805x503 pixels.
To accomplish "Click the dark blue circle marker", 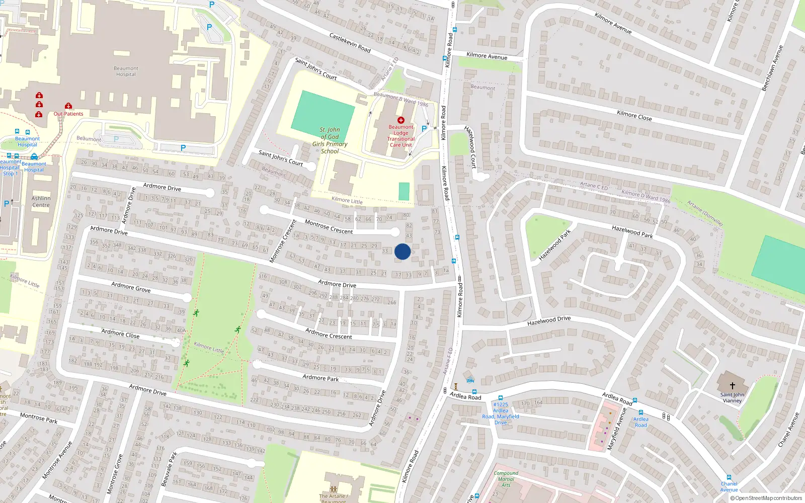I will coord(403,251).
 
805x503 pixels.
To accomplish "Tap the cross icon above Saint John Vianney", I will coord(732,385).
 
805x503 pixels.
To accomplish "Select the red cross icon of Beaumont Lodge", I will coord(401,120).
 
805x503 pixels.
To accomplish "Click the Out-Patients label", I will coord(68,114).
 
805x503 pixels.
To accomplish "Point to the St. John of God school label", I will coord(330,140).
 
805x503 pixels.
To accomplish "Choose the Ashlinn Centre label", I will coord(41,202).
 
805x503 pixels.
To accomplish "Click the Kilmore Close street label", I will coord(634,116).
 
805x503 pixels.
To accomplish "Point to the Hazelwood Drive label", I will coord(549,320).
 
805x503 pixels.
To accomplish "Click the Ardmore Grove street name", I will coord(131,287).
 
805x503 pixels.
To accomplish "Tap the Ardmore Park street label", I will coord(320,378).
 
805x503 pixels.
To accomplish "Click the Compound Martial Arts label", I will coord(506,479).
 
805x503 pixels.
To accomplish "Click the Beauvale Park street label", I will coord(170,469).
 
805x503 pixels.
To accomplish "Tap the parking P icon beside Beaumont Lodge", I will coord(424,129).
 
